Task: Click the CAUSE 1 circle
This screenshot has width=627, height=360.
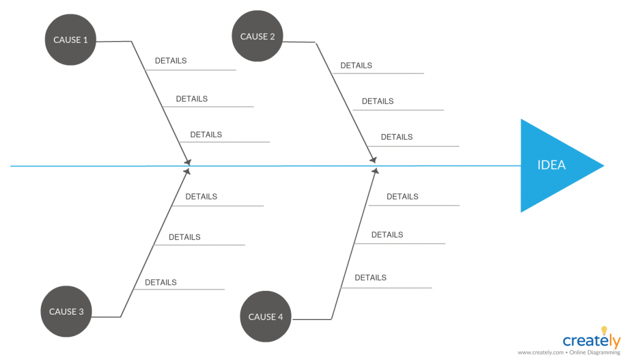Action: (70, 40)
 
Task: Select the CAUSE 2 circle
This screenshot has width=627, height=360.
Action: (257, 36)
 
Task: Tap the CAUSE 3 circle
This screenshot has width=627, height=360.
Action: (66, 312)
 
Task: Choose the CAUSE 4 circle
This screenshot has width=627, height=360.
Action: (265, 317)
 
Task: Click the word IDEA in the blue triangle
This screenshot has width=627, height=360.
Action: (551, 165)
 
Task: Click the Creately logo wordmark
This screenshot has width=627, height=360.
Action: (590, 341)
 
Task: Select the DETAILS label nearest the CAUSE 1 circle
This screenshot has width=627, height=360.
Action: (171, 61)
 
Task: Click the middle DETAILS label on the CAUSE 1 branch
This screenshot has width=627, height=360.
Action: (192, 99)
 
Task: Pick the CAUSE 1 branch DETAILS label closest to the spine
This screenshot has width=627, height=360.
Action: (206, 135)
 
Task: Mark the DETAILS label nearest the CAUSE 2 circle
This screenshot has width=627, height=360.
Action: (356, 66)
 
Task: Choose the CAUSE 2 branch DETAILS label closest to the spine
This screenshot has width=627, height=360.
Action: (397, 137)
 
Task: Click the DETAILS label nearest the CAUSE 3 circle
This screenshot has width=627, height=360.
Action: (160, 282)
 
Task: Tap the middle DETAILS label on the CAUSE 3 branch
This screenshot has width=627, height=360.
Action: (184, 237)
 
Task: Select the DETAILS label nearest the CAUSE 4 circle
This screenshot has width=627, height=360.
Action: (370, 277)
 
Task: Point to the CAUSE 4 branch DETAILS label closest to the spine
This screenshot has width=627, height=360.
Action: (402, 197)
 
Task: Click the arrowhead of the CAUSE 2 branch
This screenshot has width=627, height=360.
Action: (372, 160)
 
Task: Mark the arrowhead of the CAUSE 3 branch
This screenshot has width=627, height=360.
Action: (187, 171)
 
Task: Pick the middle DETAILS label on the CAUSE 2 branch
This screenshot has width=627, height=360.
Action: (377, 101)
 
